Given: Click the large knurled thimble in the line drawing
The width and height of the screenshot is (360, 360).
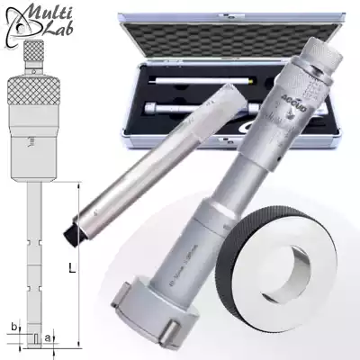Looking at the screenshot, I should coord(31,91).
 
